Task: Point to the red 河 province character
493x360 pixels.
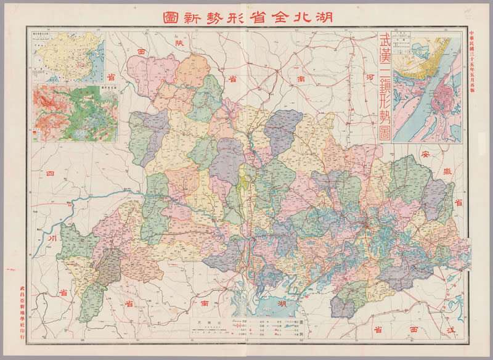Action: [x=370, y=79]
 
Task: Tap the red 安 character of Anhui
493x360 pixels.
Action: [x=425, y=153]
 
